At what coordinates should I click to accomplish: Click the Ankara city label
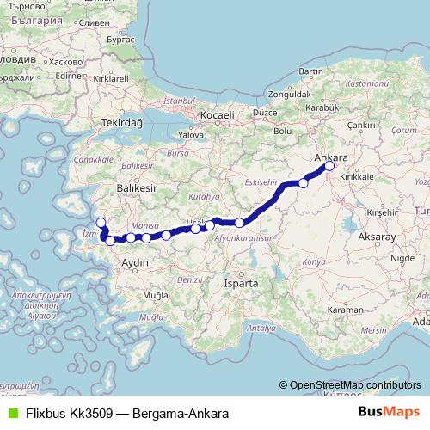[x=332, y=157]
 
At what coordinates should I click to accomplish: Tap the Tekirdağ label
[x=120, y=122]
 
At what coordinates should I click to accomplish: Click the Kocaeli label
[x=217, y=115]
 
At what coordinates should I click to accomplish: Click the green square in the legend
[x=10, y=414]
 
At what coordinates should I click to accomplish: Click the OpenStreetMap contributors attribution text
[x=354, y=385]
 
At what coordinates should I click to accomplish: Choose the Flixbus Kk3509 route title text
[x=126, y=414]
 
